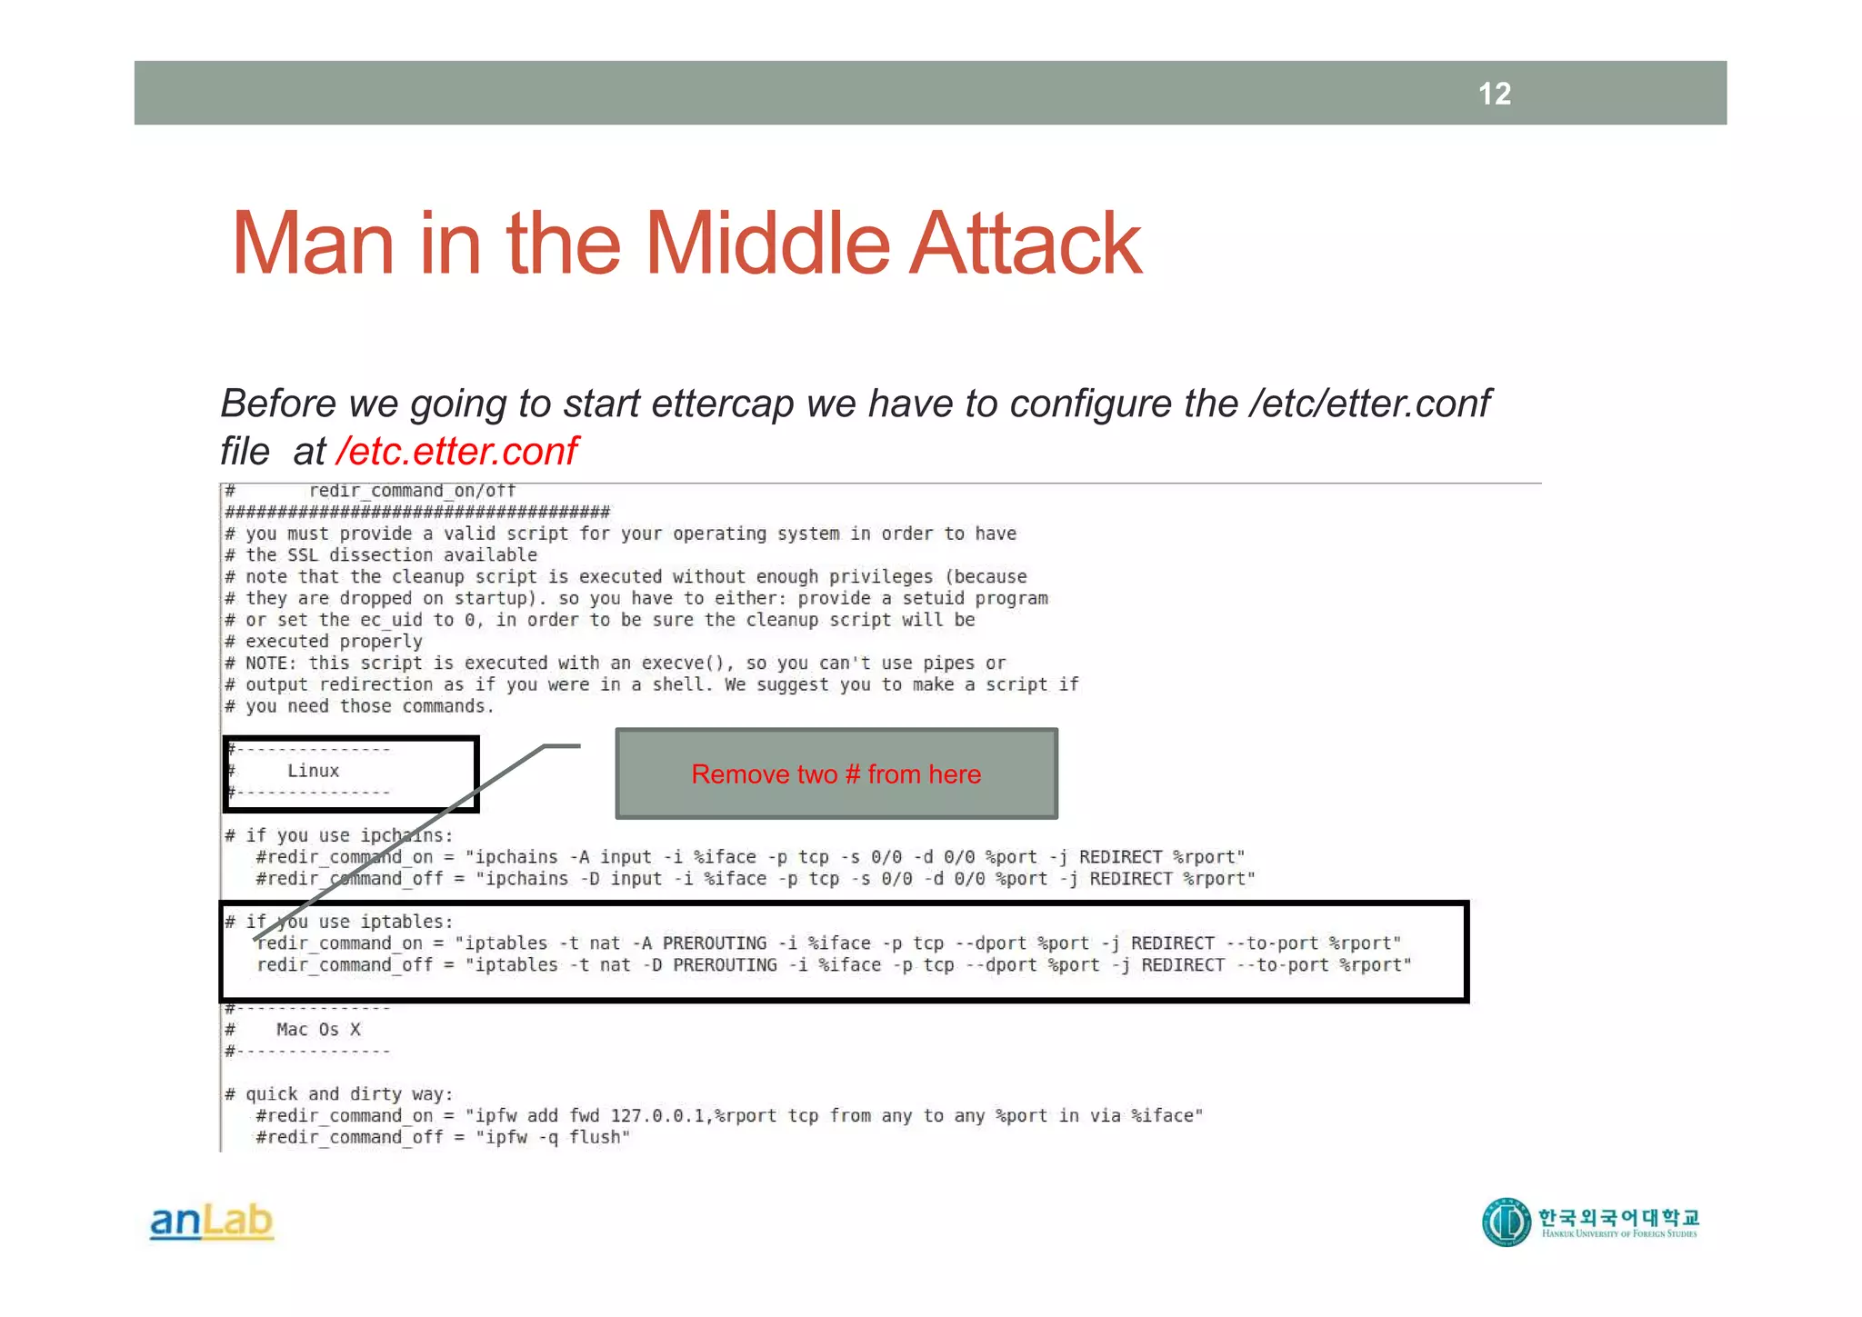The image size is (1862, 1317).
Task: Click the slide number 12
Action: (1494, 94)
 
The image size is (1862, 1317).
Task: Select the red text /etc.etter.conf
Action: (457, 451)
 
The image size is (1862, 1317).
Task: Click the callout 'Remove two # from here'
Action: (836, 773)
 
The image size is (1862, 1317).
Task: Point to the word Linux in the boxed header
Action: (313, 771)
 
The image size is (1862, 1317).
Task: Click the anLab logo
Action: (211, 1222)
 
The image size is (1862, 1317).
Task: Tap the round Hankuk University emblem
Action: (1507, 1222)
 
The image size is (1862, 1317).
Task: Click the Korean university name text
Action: (1618, 1216)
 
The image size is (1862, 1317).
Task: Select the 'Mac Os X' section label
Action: (318, 1030)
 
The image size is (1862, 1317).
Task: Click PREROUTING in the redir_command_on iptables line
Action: (715, 943)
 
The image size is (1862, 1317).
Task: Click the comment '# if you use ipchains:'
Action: (338, 835)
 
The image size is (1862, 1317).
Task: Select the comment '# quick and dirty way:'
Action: (338, 1094)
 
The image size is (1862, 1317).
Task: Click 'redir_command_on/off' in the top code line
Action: (412, 491)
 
